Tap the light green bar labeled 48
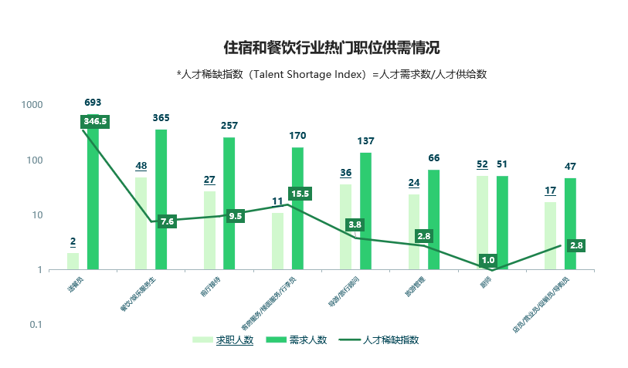(141, 224)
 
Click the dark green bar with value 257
(229, 204)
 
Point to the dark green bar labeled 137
(366, 211)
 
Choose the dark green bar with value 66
(434, 220)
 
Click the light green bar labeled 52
(482, 223)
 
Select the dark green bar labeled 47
(570, 224)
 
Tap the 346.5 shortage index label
(95, 121)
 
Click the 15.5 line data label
(300, 194)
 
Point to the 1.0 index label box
(488, 260)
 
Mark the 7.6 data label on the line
(168, 221)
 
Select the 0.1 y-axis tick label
(36, 325)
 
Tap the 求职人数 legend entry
(234, 339)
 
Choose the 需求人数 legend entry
(307, 339)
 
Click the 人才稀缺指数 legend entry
(391, 339)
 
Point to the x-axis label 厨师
(486, 283)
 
